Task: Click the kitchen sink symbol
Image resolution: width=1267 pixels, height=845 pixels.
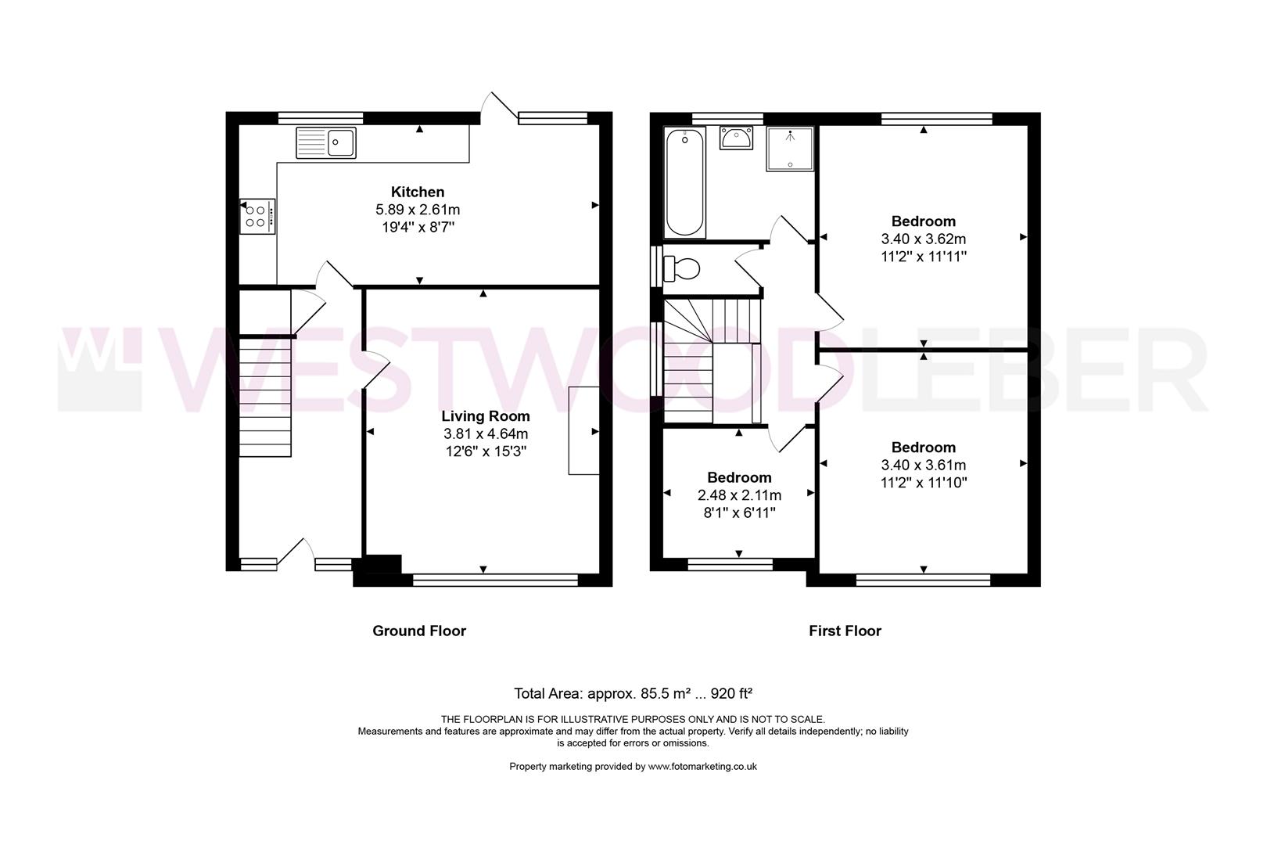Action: [326, 142]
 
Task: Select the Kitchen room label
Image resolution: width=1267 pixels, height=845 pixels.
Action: [418, 192]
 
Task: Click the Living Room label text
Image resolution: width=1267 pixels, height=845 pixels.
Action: [485, 416]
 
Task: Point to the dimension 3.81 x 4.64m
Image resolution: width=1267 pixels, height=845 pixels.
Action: [485, 434]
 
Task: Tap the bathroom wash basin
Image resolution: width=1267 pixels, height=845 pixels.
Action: [736, 138]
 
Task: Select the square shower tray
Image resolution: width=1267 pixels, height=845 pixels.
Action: [790, 149]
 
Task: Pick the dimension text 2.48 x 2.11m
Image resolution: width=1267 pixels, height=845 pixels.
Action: [739, 495]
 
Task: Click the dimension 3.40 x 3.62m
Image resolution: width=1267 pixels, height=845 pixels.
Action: [923, 239]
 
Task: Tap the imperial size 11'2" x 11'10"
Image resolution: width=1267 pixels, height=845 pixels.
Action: [923, 483]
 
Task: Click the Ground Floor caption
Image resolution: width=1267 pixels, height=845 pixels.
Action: [418, 631]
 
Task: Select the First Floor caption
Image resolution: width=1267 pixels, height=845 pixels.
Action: [845, 631]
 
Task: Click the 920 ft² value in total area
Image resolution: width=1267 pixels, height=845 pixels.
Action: [731, 693]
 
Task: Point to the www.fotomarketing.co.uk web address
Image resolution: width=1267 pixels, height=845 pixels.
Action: [702, 767]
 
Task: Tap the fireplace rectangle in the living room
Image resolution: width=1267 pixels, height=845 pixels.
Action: [583, 430]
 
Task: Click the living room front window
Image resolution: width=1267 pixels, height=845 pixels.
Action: [494, 580]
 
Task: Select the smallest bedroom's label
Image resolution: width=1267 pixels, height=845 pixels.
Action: [739, 477]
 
